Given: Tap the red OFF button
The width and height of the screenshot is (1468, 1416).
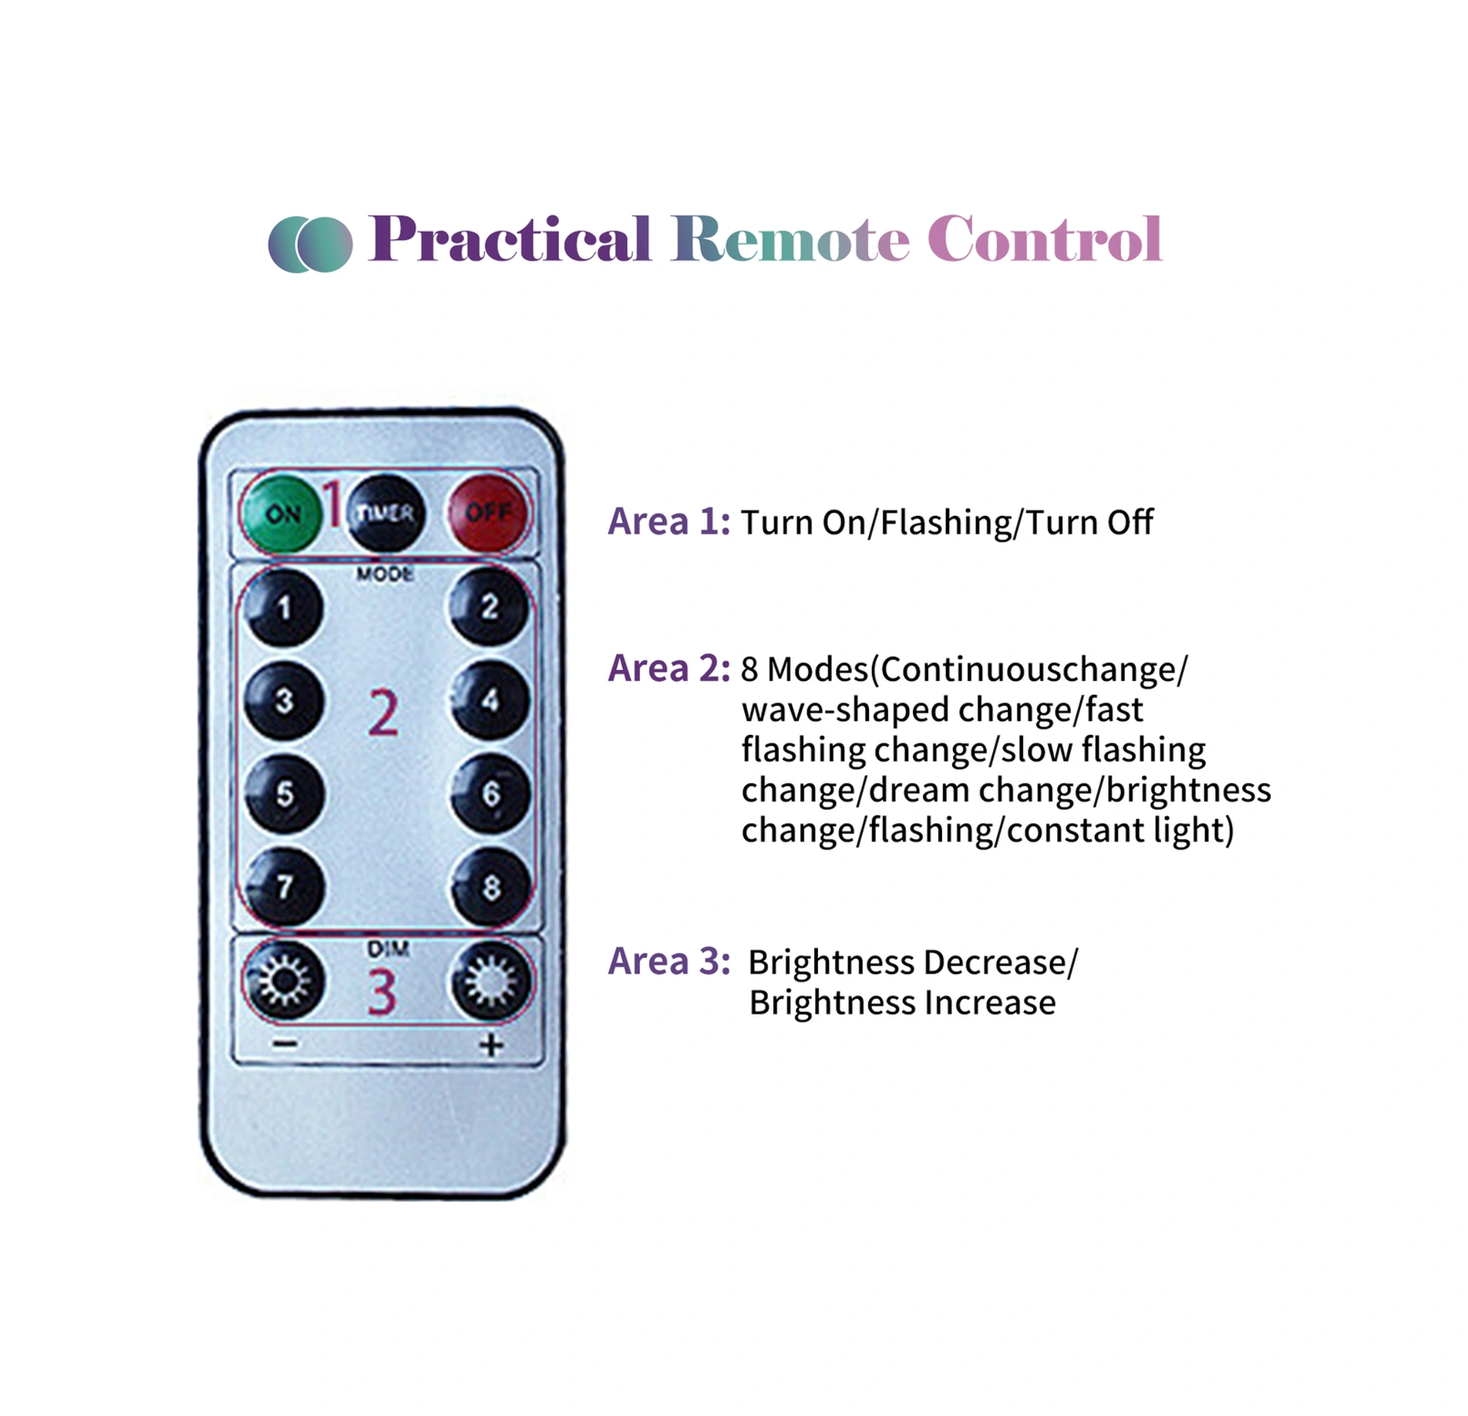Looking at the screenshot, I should click(488, 512).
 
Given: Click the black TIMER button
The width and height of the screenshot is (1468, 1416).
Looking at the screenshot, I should click(386, 512).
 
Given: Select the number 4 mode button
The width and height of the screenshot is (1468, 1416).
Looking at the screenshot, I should click(490, 700).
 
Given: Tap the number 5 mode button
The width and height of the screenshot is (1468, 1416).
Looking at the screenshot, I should click(285, 794).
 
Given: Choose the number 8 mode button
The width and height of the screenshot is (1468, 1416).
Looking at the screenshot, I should click(490, 887).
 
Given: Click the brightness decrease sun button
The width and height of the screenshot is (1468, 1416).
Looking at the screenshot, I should click(284, 981).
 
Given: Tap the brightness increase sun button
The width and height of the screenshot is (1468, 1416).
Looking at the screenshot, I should click(490, 981).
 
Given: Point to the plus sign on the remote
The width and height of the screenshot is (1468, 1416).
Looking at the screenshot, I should click(491, 1045).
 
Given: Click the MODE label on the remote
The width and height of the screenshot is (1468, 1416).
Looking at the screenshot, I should click(385, 575).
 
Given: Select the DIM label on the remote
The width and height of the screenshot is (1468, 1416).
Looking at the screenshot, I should click(388, 949).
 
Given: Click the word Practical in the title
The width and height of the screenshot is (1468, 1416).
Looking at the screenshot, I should click(510, 240).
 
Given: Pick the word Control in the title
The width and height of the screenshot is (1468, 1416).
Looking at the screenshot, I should click(1045, 240).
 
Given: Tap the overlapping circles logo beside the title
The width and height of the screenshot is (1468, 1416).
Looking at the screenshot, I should click(310, 244).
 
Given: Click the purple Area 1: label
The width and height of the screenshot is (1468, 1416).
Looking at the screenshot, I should click(668, 522).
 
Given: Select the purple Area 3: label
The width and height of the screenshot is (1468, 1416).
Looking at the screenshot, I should click(668, 962).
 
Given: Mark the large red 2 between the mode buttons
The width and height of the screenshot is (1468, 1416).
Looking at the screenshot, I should click(383, 713).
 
